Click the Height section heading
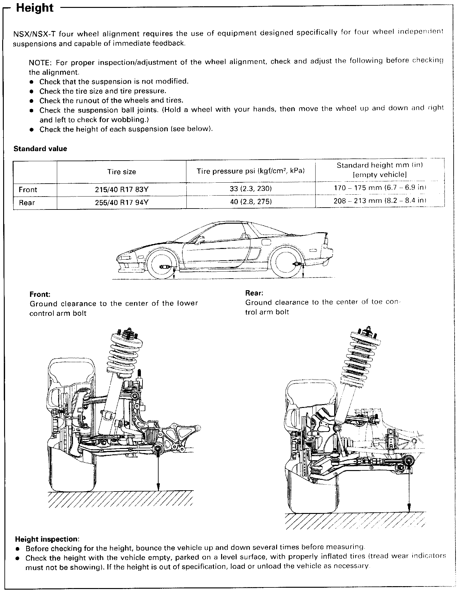(x=35, y=8)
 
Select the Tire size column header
(x=122, y=172)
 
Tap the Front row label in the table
(x=28, y=190)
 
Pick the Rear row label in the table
(x=27, y=203)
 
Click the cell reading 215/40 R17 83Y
(x=122, y=190)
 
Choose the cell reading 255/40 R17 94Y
(x=122, y=203)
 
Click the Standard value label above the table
(x=40, y=149)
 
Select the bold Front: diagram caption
(x=40, y=294)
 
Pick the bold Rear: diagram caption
(x=254, y=293)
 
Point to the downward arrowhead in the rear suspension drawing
(x=409, y=510)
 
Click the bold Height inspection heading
(x=47, y=539)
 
